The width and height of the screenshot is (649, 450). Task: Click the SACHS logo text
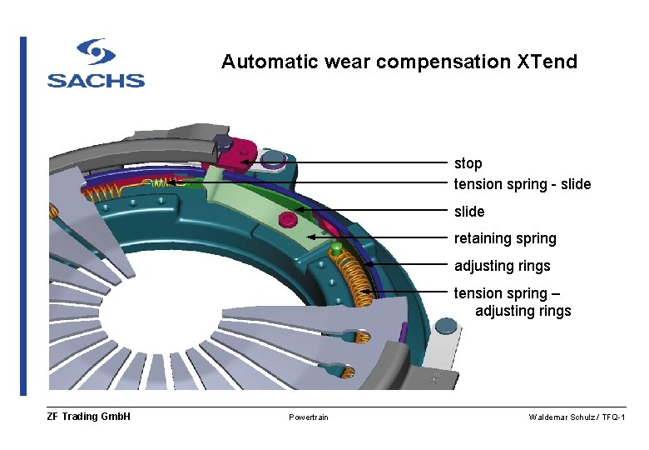pyautogui.click(x=96, y=81)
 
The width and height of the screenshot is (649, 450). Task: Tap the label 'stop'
pyautogui.click(x=468, y=163)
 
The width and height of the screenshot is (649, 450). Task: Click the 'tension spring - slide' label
pyautogui.click(x=522, y=184)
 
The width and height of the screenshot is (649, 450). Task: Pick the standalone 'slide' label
pyautogui.click(x=468, y=212)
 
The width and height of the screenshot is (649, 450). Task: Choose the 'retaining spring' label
pyautogui.click(x=504, y=238)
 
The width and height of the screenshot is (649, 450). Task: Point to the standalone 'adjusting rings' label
pyautogui.click(x=502, y=266)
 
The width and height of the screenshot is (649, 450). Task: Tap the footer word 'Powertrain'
pyautogui.click(x=309, y=417)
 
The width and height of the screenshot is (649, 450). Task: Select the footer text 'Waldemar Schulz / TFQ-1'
pyautogui.click(x=577, y=417)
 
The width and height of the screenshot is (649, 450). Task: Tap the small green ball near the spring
pyautogui.click(x=336, y=247)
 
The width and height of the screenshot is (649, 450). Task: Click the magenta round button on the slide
pyautogui.click(x=289, y=219)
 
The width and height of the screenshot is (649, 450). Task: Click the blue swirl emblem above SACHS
pyautogui.click(x=96, y=52)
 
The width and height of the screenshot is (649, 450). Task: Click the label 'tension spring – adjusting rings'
pyautogui.click(x=512, y=302)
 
